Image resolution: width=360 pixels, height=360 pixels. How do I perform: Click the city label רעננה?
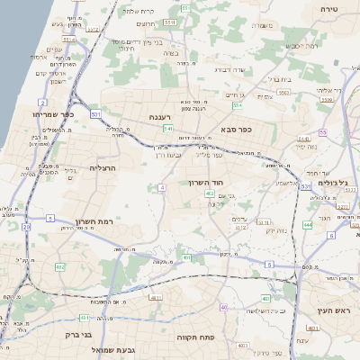click(x=166, y=116)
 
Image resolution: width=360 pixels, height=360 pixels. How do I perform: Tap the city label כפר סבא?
click(x=259, y=130)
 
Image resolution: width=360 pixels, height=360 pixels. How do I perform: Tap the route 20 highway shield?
click(x=26, y=228)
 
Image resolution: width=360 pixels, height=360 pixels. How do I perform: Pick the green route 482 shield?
click(x=61, y=267)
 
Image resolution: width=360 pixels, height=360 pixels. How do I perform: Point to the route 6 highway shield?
click(x=331, y=235)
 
